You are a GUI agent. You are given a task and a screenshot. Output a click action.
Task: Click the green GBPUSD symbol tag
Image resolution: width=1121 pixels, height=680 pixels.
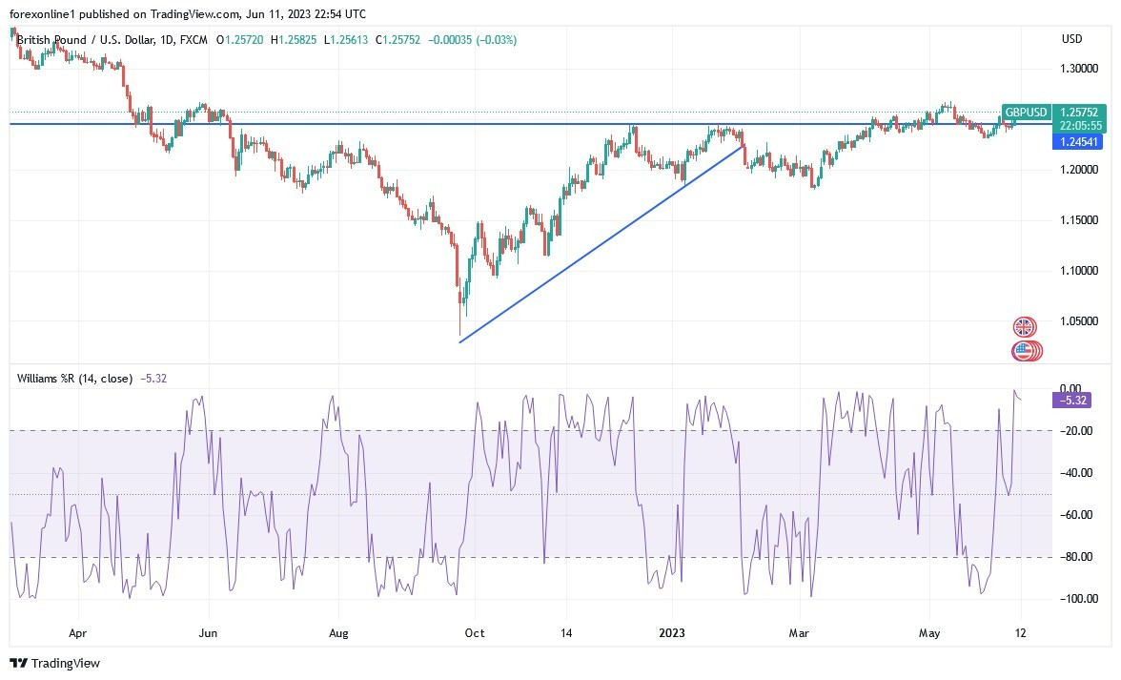coord(1026,112)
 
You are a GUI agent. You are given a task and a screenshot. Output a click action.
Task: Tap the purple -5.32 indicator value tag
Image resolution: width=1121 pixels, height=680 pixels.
coord(1072,401)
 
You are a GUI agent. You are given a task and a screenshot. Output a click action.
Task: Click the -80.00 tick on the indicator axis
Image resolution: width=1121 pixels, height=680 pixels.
coord(1078,557)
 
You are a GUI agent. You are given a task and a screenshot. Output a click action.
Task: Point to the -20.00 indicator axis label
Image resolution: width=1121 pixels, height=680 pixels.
coord(1078,431)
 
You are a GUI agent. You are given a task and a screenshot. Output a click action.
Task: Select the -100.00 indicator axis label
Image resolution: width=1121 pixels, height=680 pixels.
coord(1076,599)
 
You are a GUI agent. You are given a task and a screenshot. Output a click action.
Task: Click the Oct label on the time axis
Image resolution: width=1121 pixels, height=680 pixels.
coord(474,632)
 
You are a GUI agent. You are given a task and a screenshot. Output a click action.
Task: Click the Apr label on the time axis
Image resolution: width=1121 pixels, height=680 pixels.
coord(78,632)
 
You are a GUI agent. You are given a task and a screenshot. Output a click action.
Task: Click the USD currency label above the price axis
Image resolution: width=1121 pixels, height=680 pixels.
coord(1071,39)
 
